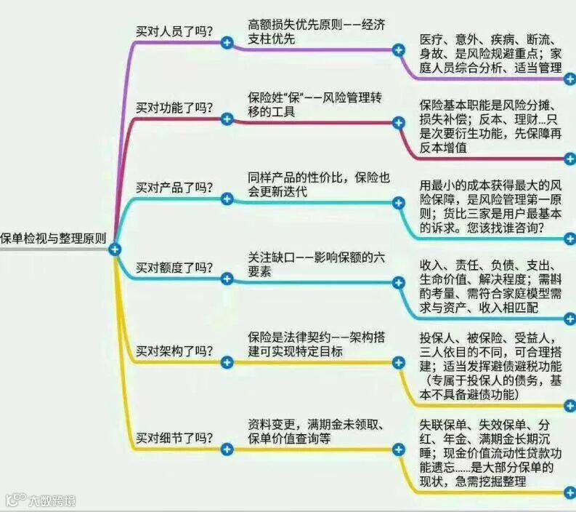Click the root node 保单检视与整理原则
[53, 238]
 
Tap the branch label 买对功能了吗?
[174, 108]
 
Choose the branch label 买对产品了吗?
[174, 188]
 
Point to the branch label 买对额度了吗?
[174, 267]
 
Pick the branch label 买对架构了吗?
[174, 351]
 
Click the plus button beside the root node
[114, 249]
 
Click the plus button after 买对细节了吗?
[227, 449]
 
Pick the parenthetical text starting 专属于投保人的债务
[494, 381]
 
